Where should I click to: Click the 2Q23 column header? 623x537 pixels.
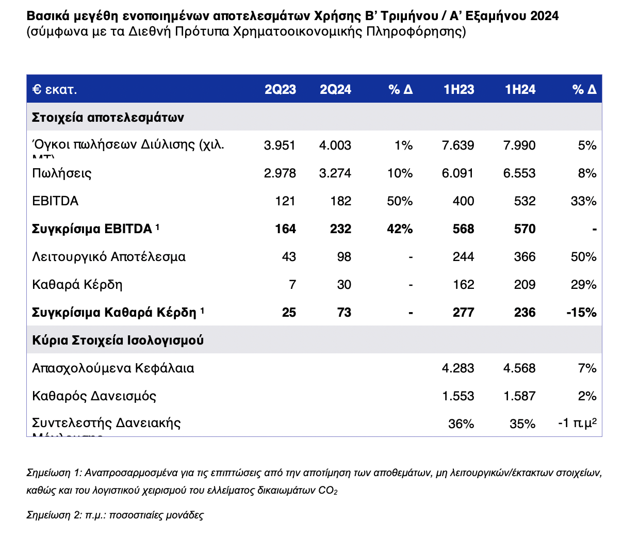click(x=280, y=90)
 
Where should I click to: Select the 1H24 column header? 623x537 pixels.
click(x=520, y=90)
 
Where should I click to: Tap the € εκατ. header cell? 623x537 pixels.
click(x=55, y=90)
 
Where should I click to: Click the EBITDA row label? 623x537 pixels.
click(x=55, y=201)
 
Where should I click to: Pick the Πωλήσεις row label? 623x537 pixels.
click(x=62, y=173)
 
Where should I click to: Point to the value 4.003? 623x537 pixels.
click(x=335, y=145)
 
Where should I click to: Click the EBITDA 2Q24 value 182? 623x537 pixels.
click(x=341, y=201)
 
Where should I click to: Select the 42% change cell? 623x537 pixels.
click(x=400, y=229)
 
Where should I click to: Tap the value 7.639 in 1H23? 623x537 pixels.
click(x=458, y=145)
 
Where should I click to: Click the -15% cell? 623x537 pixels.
click(x=581, y=313)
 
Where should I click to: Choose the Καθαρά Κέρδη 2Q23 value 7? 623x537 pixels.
click(x=292, y=285)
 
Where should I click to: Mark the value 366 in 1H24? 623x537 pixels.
click(x=524, y=257)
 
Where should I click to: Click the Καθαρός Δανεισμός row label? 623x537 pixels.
click(x=94, y=396)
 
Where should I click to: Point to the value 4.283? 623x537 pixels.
click(x=458, y=368)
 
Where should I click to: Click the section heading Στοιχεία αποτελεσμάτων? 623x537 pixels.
click(x=108, y=118)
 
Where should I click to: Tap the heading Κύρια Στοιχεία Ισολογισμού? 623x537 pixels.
click(x=118, y=340)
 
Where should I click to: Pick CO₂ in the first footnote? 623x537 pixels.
click(x=328, y=491)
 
